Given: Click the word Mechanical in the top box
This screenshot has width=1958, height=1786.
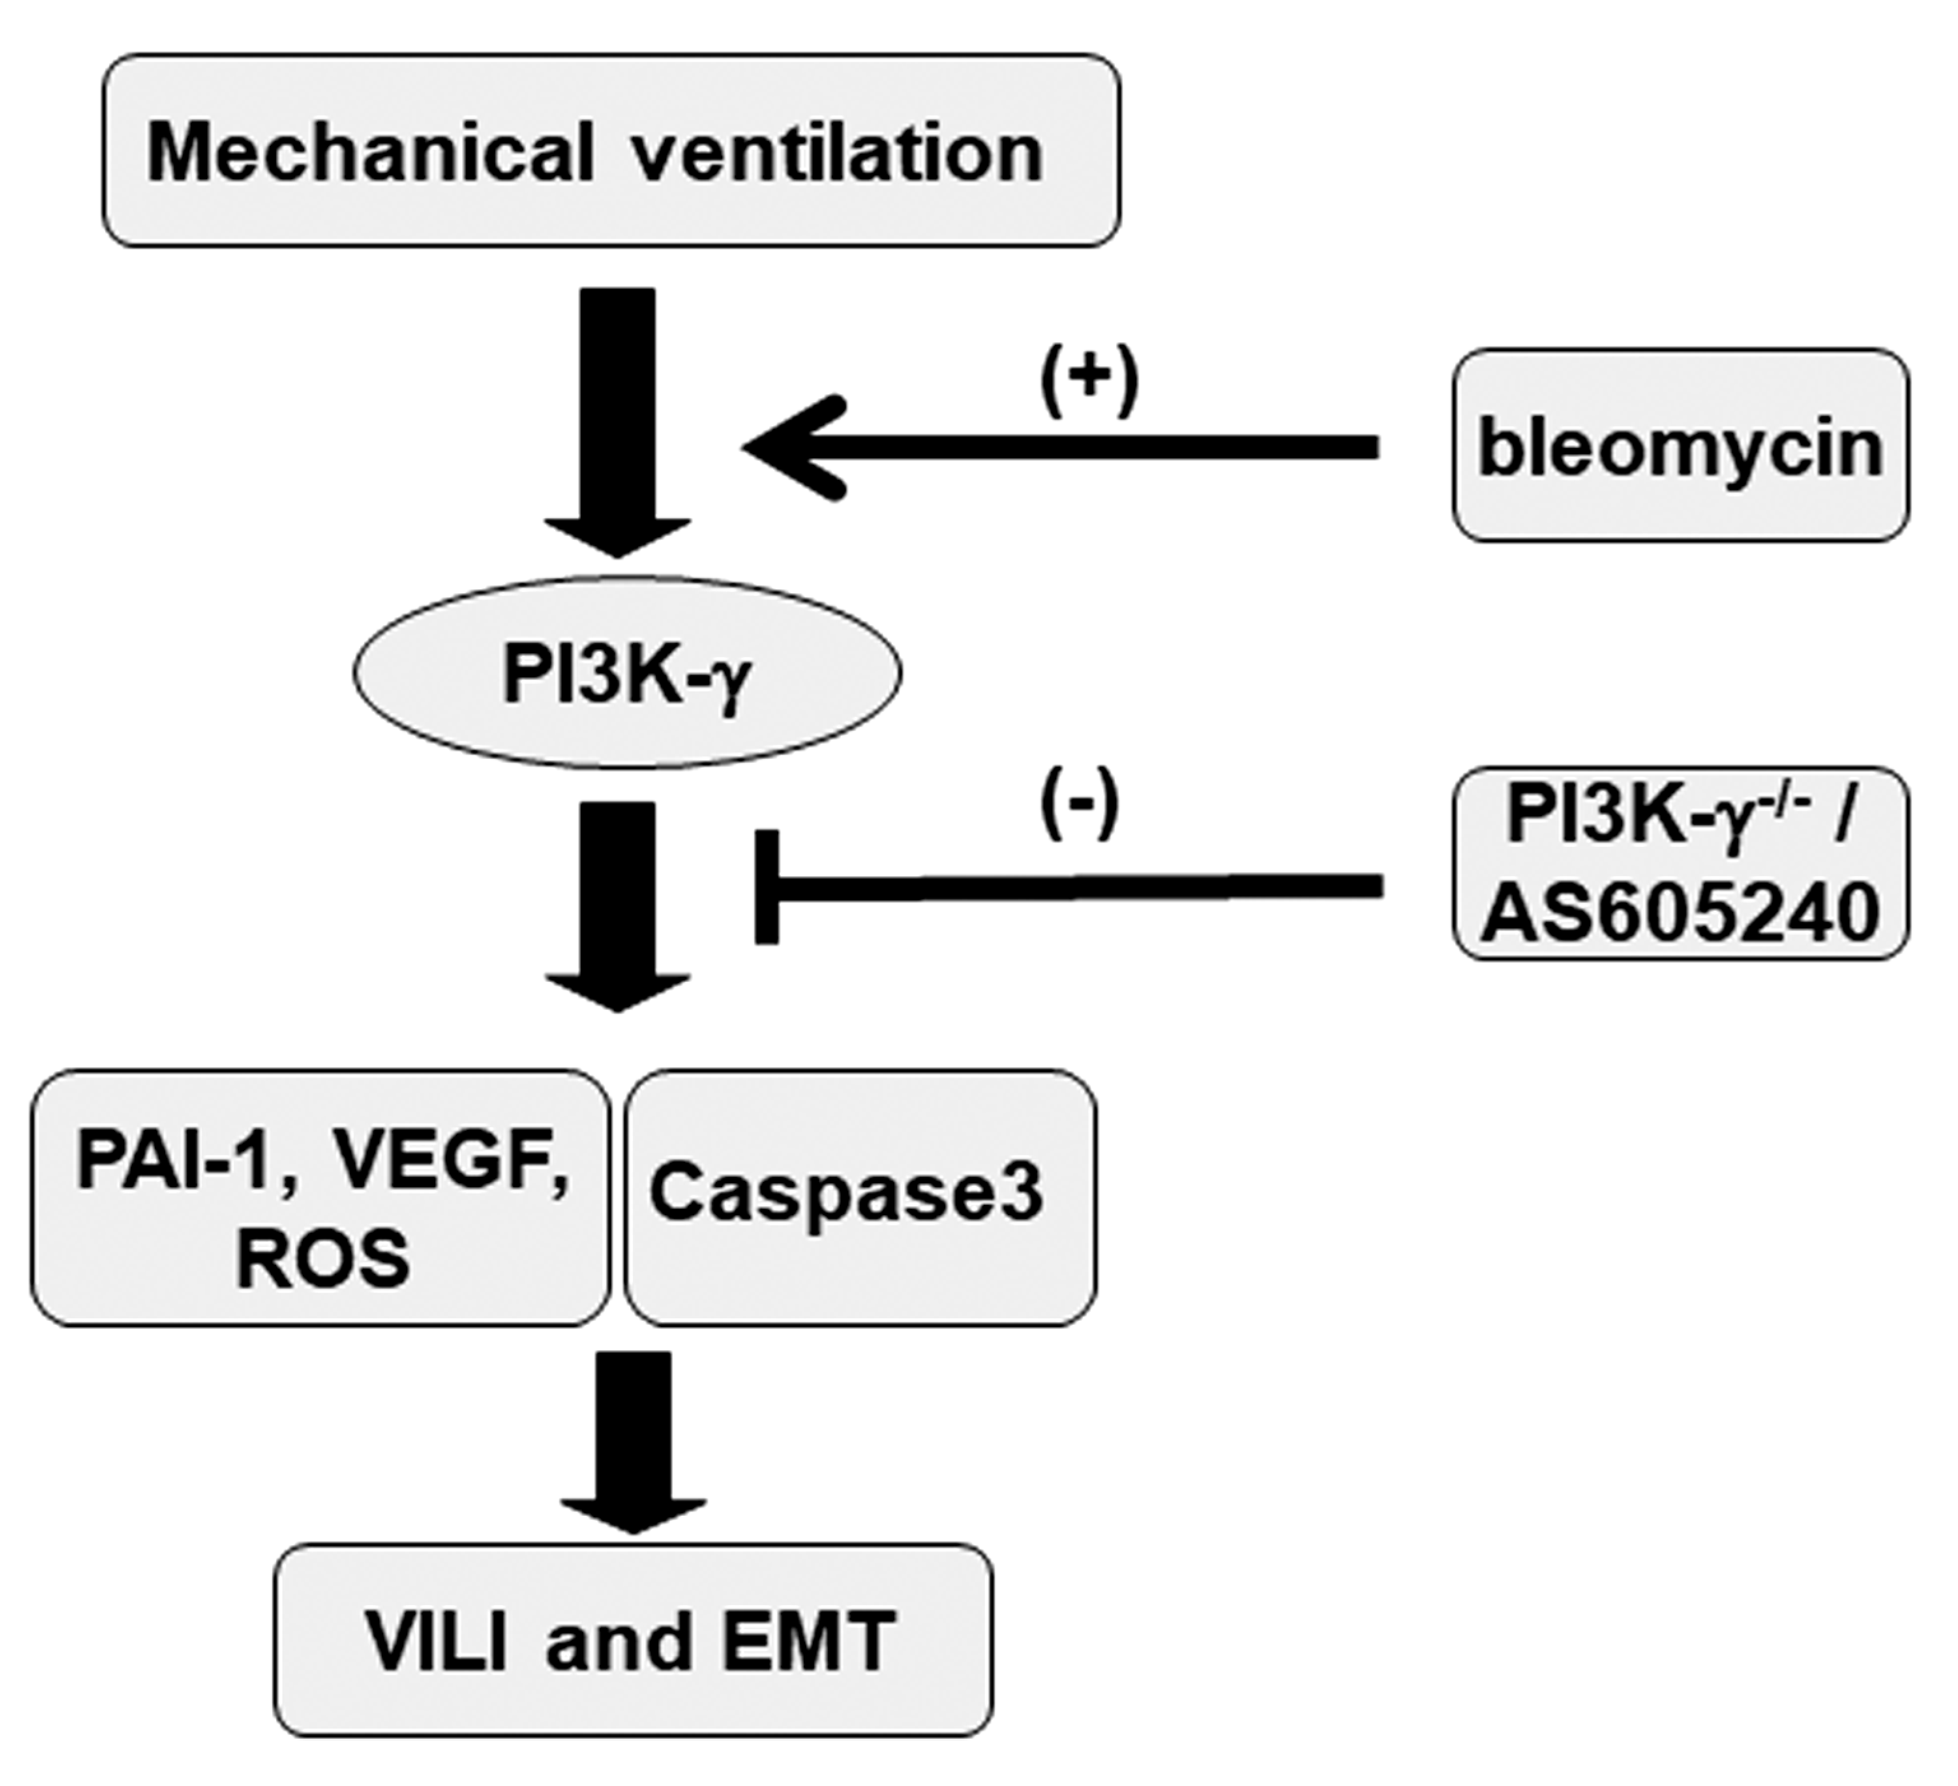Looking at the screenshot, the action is click(x=370, y=152).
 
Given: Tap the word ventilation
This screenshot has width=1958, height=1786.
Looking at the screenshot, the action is click(x=839, y=152).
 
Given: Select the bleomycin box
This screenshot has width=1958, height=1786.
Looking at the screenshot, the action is click(x=1680, y=445).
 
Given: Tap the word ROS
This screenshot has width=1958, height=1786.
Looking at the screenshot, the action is click(x=323, y=1260).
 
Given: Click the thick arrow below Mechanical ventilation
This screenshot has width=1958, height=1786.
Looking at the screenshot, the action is click(x=618, y=424).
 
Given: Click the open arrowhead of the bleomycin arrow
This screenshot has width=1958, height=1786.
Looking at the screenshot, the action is click(x=797, y=447).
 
